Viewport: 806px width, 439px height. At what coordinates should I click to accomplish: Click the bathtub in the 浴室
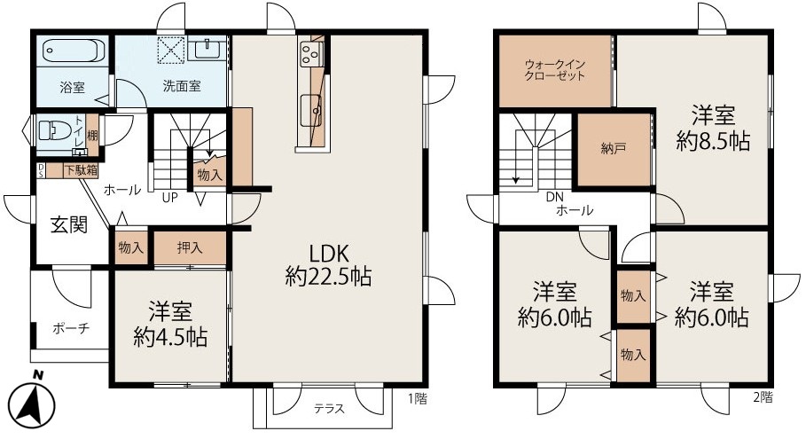(74, 51)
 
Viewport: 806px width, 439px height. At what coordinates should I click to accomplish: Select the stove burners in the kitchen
(310, 53)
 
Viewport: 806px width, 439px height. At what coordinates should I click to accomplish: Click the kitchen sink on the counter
(310, 110)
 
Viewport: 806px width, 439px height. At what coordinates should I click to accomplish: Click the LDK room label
(329, 254)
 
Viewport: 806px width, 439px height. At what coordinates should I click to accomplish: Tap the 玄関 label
(69, 224)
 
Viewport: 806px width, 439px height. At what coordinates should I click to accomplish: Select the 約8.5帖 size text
(713, 141)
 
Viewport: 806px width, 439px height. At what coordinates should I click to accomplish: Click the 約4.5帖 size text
(170, 337)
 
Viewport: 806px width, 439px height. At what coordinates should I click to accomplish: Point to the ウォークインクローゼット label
(555, 70)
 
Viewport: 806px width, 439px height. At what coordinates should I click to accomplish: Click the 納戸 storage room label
(614, 149)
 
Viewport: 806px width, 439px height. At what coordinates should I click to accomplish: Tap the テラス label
(329, 409)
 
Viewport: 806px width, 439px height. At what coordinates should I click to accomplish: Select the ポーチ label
(71, 328)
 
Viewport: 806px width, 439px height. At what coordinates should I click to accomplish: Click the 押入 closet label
(190, 247)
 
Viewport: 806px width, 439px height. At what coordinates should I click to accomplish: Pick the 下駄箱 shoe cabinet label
(81, 170)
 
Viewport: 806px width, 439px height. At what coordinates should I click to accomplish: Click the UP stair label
(170, 198)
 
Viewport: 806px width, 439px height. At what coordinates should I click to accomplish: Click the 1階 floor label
(418, 398)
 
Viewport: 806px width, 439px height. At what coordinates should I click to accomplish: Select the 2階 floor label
(763, 396)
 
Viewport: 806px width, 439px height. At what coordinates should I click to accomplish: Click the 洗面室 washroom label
(182, 86)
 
